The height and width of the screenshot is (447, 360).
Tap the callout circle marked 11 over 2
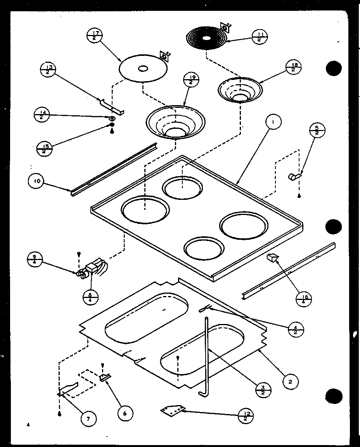[260, 37]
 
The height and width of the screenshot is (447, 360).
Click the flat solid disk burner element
[143, 68]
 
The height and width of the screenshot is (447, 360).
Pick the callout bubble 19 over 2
[191, 80]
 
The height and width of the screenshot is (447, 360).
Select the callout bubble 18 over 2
[293, 68]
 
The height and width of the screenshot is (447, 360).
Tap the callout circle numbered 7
[88, 418]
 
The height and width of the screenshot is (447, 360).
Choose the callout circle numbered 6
[124, 413]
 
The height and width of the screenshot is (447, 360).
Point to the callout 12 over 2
[246, 415]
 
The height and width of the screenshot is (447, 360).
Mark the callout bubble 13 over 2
[48, 71]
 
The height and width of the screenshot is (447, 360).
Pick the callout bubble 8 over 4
[91, 297]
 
